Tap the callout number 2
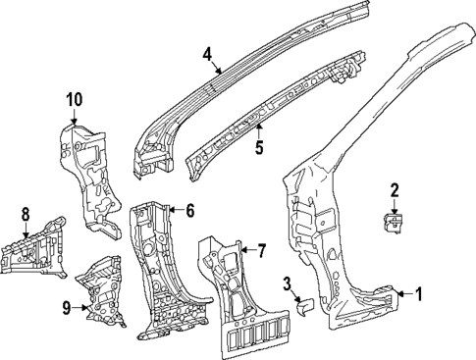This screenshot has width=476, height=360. click(x=395, y=189)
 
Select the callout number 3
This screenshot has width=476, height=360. click(x=286, y=284)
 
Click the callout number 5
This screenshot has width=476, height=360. click(x=258, y=150)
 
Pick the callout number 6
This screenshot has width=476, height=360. click(x=190, y=209)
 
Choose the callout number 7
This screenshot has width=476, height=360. click(x=261, y=252)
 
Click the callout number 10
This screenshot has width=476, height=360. click(x=75, y=98)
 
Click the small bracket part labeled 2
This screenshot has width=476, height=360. click(x=393, y=225)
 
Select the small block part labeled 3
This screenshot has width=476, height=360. click(x=304, y=307)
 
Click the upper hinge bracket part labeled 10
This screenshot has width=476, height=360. click(x=93, y=172)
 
